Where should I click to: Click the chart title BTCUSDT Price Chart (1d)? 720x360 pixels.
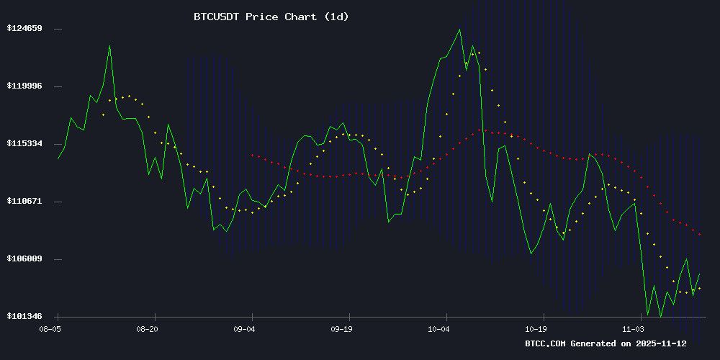click(271, 17)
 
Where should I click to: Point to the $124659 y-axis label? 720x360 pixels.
click(24, 29)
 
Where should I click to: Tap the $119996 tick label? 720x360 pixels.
click(24, 86)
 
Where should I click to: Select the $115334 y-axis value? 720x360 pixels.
click(24, 144)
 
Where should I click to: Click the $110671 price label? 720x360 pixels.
click(24, 202)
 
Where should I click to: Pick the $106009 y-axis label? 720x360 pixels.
click(24, 259)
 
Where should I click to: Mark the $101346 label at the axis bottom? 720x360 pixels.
click(24, 317)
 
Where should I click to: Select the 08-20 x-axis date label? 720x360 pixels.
click(147, 329)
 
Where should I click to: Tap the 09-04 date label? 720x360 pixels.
click(244, 329)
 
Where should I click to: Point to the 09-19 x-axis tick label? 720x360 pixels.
click(341, 329)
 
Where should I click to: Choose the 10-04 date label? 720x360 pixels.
click(438, 329)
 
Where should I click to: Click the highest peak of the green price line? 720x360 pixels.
click(459, 30)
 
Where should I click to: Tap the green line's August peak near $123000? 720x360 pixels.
click(109, 46)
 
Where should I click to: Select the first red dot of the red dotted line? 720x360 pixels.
click(252, 155)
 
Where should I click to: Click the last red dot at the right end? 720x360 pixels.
click(699, 234)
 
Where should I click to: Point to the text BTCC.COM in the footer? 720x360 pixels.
click(546, 344)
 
